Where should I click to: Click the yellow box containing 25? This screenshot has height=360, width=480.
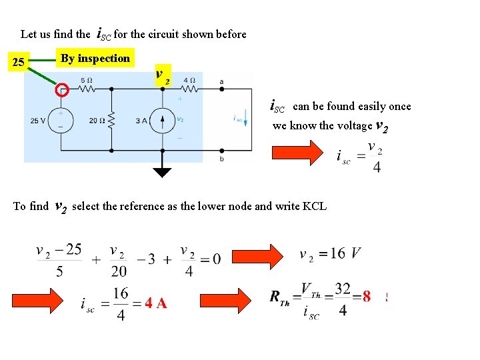click(19, 63)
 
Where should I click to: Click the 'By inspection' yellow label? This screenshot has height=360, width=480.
click(95, 59)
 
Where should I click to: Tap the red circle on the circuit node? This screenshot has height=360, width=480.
click(61, 89)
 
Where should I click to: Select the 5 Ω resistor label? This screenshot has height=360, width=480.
click(87, 81)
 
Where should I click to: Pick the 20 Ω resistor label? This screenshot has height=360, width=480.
click(97, 121)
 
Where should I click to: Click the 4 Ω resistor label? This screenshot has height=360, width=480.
click(189, 81)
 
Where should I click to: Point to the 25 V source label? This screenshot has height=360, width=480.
click(39, 121)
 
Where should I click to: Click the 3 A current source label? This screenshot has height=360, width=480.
click(140, 121)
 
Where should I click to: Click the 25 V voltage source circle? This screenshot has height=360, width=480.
click(61, 120)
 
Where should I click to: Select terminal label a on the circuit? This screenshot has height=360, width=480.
click(221, 81)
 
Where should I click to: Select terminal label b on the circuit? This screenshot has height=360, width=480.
click(221, 159)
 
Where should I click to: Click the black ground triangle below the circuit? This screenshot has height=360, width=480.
click(162, 173)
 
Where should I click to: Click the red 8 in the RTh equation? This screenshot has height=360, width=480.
click(366, 297)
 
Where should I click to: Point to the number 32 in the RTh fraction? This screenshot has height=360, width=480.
click(343, 288)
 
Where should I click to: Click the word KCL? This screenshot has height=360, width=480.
click(315, 206)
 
